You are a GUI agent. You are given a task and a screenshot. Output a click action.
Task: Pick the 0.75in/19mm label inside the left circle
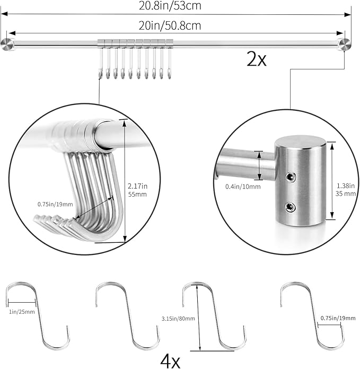coord(55,203)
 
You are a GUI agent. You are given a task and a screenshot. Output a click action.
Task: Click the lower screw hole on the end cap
coord(291,206)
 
